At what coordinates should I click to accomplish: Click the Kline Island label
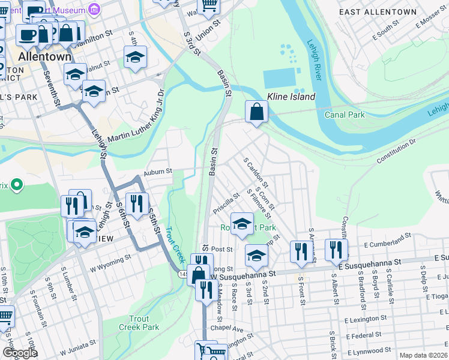291,97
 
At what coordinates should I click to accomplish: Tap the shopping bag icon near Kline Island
256,112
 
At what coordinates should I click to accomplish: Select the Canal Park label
345,114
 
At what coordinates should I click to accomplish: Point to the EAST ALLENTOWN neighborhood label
377,11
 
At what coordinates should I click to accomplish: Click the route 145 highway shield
183,274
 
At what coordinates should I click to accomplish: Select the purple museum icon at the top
94,8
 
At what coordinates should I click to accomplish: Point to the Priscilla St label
226,203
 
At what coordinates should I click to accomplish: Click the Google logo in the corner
20,353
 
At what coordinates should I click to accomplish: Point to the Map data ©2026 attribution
423,355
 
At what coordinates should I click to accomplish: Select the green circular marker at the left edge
16,185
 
